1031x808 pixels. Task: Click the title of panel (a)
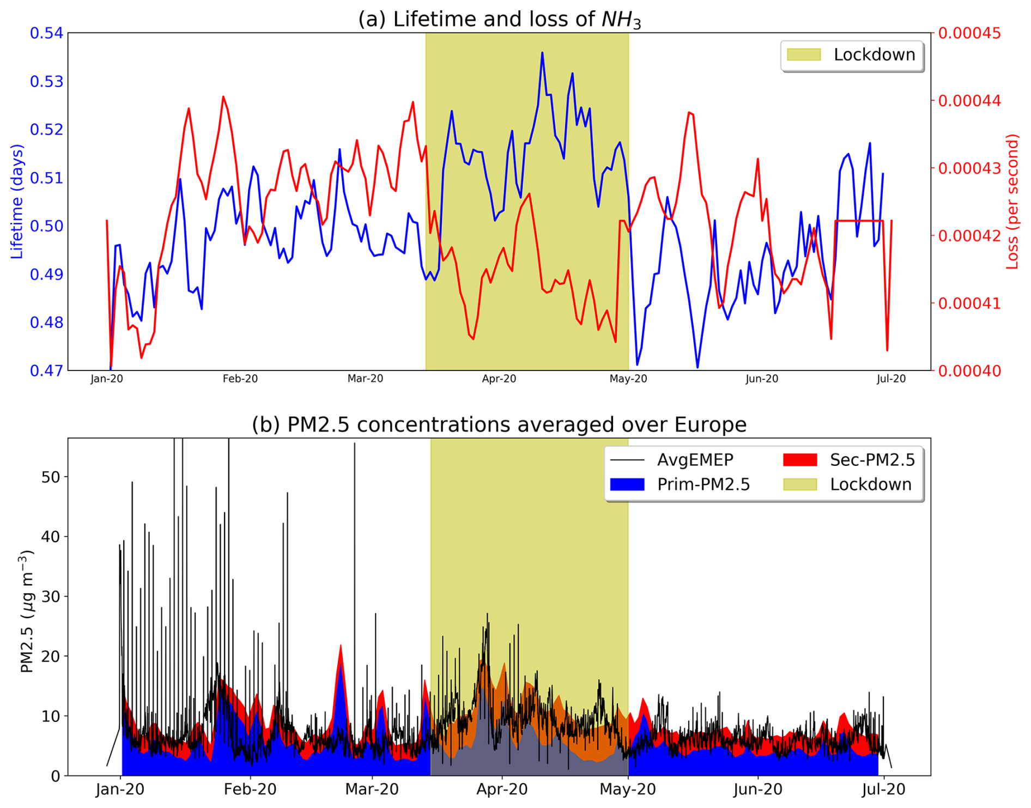pos(499,20)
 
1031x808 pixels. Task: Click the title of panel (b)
pos(499,424)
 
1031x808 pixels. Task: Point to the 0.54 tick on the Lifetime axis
pos(46,33)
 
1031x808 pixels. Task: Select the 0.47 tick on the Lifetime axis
pos(46,370)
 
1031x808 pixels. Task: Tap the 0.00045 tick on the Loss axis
pos(969,33)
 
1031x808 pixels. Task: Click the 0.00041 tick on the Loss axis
pos(969,303)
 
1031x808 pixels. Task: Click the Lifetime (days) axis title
pos(17,202)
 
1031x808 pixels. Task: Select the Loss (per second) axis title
pos(1012,202)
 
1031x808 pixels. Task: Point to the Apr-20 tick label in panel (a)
pos(499,379)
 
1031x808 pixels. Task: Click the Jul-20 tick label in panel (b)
pos(883,789)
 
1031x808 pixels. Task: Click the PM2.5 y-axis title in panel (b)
pos(27,611)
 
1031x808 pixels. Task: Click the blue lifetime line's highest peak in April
pos(542,53)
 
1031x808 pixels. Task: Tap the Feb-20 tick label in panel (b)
pos(250,789)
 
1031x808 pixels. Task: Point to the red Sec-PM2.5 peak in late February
pos(341,646)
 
